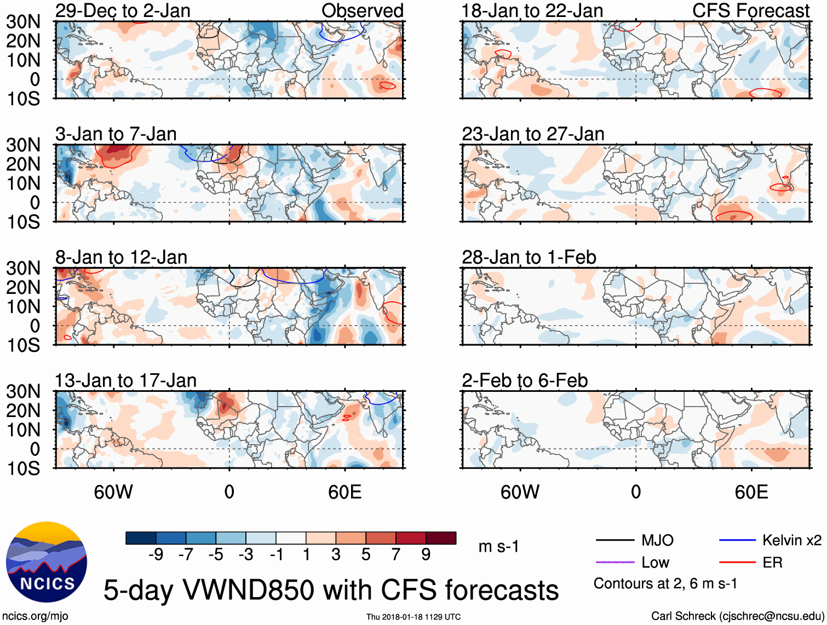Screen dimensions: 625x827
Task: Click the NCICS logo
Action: tap(47, 562)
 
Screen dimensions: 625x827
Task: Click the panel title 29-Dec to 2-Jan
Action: tap(123, 10)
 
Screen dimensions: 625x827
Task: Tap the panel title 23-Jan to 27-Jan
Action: tap(533, 134)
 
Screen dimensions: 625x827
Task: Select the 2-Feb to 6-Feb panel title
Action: tap(525, 380)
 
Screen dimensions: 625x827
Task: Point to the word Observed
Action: tap(362, 10)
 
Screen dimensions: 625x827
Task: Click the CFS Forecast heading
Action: tap(750, 10)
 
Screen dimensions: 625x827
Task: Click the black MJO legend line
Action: tap(614, 541)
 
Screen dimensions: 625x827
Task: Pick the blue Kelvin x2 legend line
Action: tap(737, 541)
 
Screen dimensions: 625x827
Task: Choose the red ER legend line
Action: tap(737, 563)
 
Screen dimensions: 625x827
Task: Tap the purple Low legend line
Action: tap(614, 563)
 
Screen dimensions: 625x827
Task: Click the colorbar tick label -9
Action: tap(156, 555)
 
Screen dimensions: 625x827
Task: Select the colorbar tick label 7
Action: tap(396, 555)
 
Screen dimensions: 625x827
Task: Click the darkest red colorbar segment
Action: tap(441, 538)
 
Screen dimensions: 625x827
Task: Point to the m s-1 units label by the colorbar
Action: tap(498, 547)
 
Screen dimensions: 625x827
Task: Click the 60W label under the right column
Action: tap(520, 492)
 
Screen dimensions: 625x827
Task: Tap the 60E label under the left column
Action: tap(344, 492)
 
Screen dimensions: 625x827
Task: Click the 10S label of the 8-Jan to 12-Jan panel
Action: tap(23, 345)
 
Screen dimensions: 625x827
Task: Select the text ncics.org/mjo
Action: tap(35, 616)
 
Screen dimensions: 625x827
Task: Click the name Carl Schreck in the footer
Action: tap(683, 616)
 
